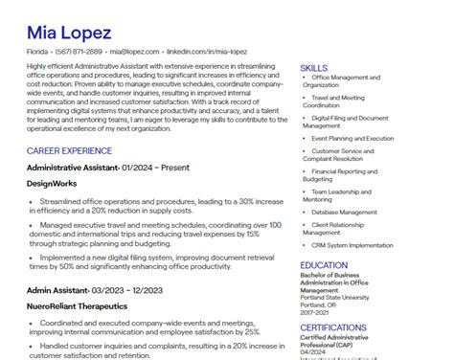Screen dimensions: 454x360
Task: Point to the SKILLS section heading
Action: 313,68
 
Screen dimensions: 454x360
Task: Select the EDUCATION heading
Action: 324,265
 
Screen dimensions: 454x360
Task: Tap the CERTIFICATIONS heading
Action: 332,327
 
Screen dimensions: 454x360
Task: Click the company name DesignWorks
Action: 54,182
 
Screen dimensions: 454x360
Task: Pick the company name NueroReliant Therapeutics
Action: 77,306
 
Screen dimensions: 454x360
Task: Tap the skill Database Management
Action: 345,212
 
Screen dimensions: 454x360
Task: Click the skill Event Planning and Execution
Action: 352,138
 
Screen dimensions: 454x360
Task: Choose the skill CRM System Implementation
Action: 352,245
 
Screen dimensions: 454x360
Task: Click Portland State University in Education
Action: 334,297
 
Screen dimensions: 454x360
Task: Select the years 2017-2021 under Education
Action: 315,312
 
